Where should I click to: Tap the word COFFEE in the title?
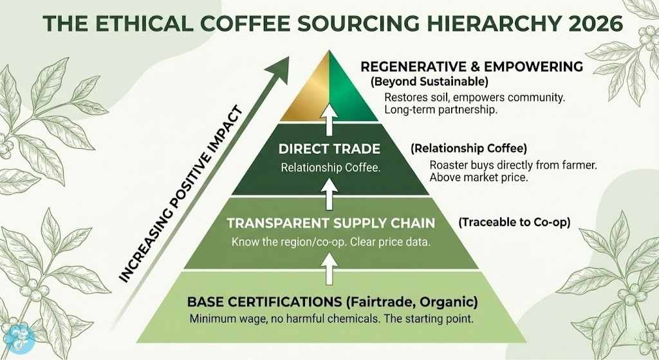click(x=244, y=23)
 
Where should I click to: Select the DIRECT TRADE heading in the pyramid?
click(x=329, y=149)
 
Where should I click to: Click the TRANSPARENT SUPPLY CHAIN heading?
click(x=329, y=223)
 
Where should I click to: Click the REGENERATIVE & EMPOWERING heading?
click(x=472, y=67)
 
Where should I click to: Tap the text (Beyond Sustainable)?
click(x=429, y=82)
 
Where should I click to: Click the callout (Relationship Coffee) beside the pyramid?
click(x=459, y=149)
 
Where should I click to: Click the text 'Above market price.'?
click(x=479, y=178)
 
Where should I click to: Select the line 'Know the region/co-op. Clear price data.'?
click(x=329, y=243)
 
